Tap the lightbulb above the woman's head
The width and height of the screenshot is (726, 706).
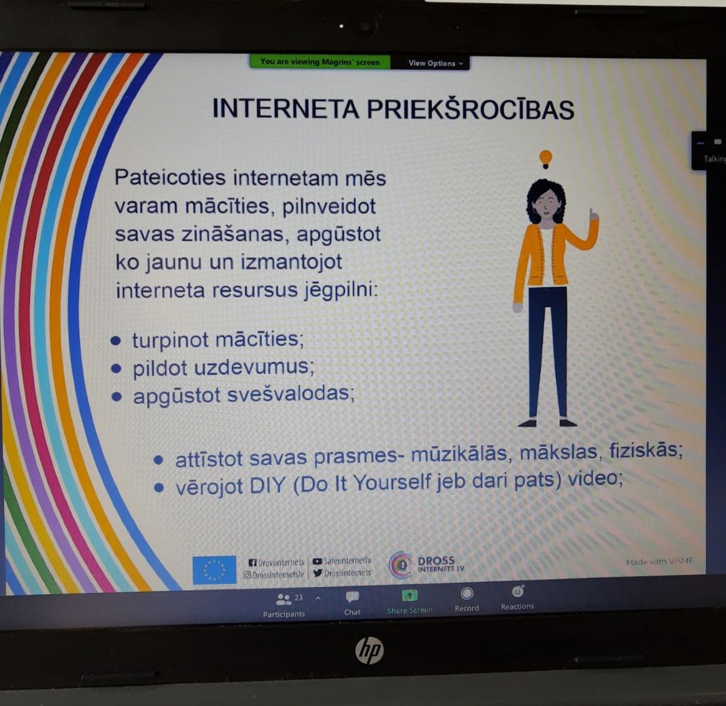[x=546, y=160]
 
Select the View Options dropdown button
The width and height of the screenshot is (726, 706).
[x=435, y=63]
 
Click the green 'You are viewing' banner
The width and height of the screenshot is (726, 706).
[x=320, y=62]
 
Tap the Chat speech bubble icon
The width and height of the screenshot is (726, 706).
[x=352, y=597]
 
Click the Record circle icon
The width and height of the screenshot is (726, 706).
[x=467, y=593]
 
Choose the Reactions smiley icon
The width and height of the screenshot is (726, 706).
[x=518, y=591]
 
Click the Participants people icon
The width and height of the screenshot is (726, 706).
[x=283, y=599]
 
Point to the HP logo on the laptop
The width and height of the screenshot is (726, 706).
[x=369, y=650]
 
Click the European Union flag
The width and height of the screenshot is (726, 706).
[x=214, y=570]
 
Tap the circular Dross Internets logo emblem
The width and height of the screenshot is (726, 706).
[x=401, y=565]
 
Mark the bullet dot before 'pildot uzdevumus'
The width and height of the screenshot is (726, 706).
[x=116, y=369]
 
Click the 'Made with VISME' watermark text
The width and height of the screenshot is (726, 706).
[x=659, y=561]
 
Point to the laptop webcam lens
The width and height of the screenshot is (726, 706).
[x=365, y=26]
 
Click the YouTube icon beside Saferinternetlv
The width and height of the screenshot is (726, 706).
[x=317, y=561]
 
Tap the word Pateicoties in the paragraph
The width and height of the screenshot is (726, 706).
[x=170, y=178]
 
